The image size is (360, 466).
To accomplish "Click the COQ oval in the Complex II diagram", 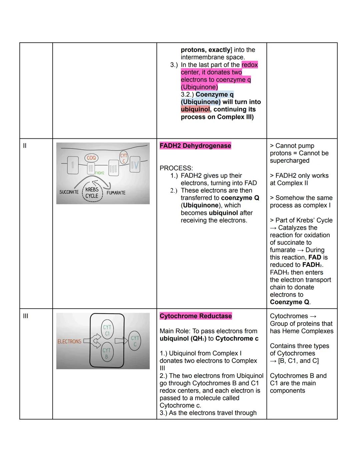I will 91,158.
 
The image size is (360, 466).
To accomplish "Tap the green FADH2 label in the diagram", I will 99,173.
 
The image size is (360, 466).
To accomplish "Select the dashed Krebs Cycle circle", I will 92,192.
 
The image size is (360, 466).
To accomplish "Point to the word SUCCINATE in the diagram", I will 69,192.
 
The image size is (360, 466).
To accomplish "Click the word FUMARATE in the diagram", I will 116,193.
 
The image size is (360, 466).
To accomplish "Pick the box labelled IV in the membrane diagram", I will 135,165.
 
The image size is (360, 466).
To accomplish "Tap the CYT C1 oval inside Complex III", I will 107,330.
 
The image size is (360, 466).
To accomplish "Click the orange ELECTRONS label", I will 69,342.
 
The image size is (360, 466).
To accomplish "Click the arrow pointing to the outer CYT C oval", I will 121,341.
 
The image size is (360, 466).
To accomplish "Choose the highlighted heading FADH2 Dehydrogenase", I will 195,146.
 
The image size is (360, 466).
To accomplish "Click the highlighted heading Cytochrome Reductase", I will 196,316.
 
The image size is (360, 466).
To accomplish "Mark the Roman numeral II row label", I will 25,146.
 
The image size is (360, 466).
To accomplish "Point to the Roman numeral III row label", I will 25,316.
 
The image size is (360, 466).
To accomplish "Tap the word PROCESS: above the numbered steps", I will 176,168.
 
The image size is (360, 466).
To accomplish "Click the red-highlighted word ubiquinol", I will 195,109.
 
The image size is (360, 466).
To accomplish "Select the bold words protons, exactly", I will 206,50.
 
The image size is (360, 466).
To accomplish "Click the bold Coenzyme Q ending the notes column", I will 289,302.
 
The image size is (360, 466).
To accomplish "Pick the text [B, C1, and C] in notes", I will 298,361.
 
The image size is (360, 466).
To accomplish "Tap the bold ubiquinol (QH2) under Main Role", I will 183,339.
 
